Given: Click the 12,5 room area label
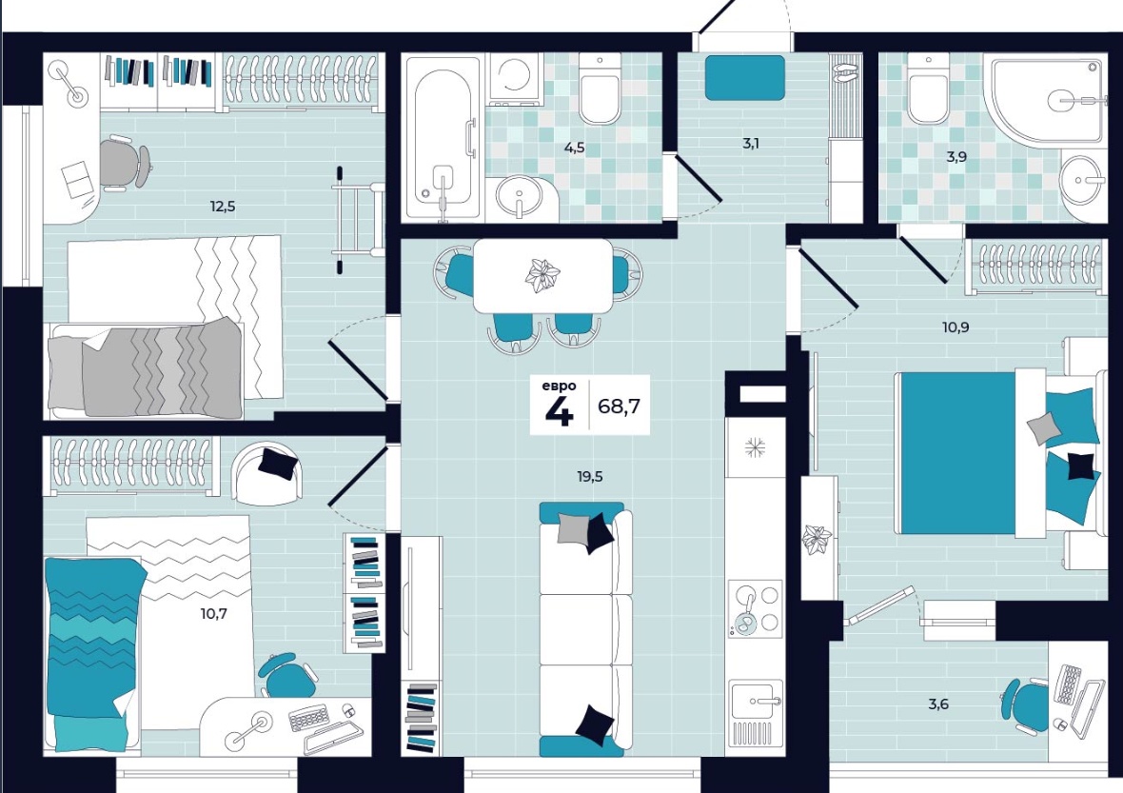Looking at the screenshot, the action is pos(222,207).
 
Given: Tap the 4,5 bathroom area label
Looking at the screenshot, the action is pos(575,149).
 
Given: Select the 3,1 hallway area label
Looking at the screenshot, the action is pos(751,143).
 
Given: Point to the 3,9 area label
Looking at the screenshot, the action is pos(956,157).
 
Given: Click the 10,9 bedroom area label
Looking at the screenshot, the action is pos(956,328).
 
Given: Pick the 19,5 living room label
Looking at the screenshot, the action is pos(589,476).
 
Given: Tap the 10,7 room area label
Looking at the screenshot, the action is pos(213,614).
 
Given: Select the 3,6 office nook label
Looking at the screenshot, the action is pos(938,704).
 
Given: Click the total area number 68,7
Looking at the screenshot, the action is pos(619,406).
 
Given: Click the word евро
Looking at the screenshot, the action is pos(559,387).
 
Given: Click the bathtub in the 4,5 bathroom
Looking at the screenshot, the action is pos(443,137).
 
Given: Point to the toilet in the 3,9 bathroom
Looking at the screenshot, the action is pos(928,89).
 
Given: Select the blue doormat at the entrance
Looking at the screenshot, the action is pos(745,78).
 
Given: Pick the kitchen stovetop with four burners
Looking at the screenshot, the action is pos(754,608).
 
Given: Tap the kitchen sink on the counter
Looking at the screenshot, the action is pos(755,711).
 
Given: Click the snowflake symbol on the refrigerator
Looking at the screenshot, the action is pos(754,448).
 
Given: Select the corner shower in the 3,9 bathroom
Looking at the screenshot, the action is pos(1046,98).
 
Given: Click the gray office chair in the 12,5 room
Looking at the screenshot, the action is pos(123,163).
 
